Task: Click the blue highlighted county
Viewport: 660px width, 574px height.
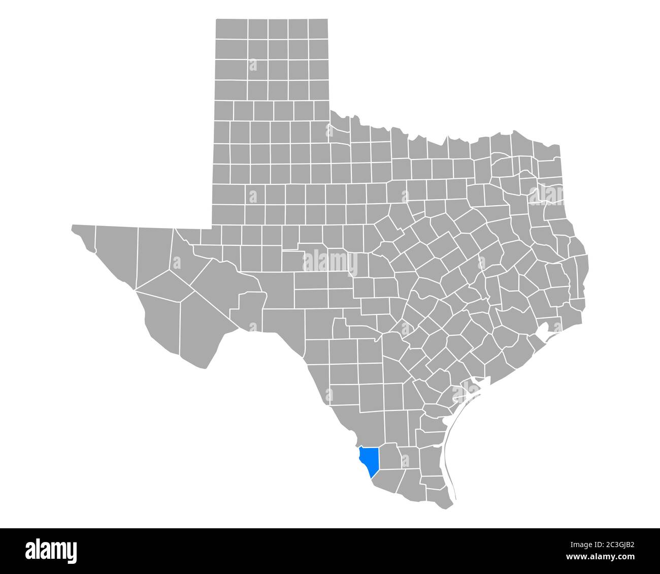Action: [x=369, y=459]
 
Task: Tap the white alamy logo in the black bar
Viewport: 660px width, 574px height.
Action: [x=51, y=551]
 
